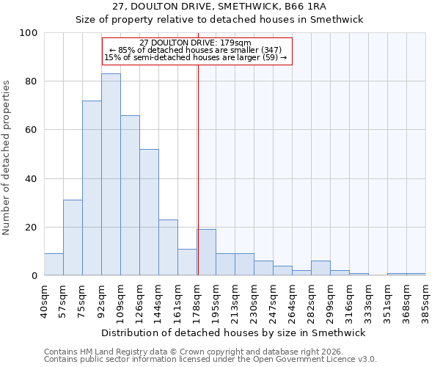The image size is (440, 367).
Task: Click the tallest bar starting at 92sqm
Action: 111,175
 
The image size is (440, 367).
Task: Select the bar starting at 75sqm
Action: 92,188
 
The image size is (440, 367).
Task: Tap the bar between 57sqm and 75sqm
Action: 73,238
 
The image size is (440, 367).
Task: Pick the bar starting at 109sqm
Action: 130,195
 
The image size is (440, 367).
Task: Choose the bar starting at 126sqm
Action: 149,212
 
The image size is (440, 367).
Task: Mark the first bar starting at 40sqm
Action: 54,264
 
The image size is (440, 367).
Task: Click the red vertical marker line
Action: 198,169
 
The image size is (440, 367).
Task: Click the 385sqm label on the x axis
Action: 425,299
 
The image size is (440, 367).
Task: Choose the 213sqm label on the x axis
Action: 235,299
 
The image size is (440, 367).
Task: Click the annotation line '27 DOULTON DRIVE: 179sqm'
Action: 195,43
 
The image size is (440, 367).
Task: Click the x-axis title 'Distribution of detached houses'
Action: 232,333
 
